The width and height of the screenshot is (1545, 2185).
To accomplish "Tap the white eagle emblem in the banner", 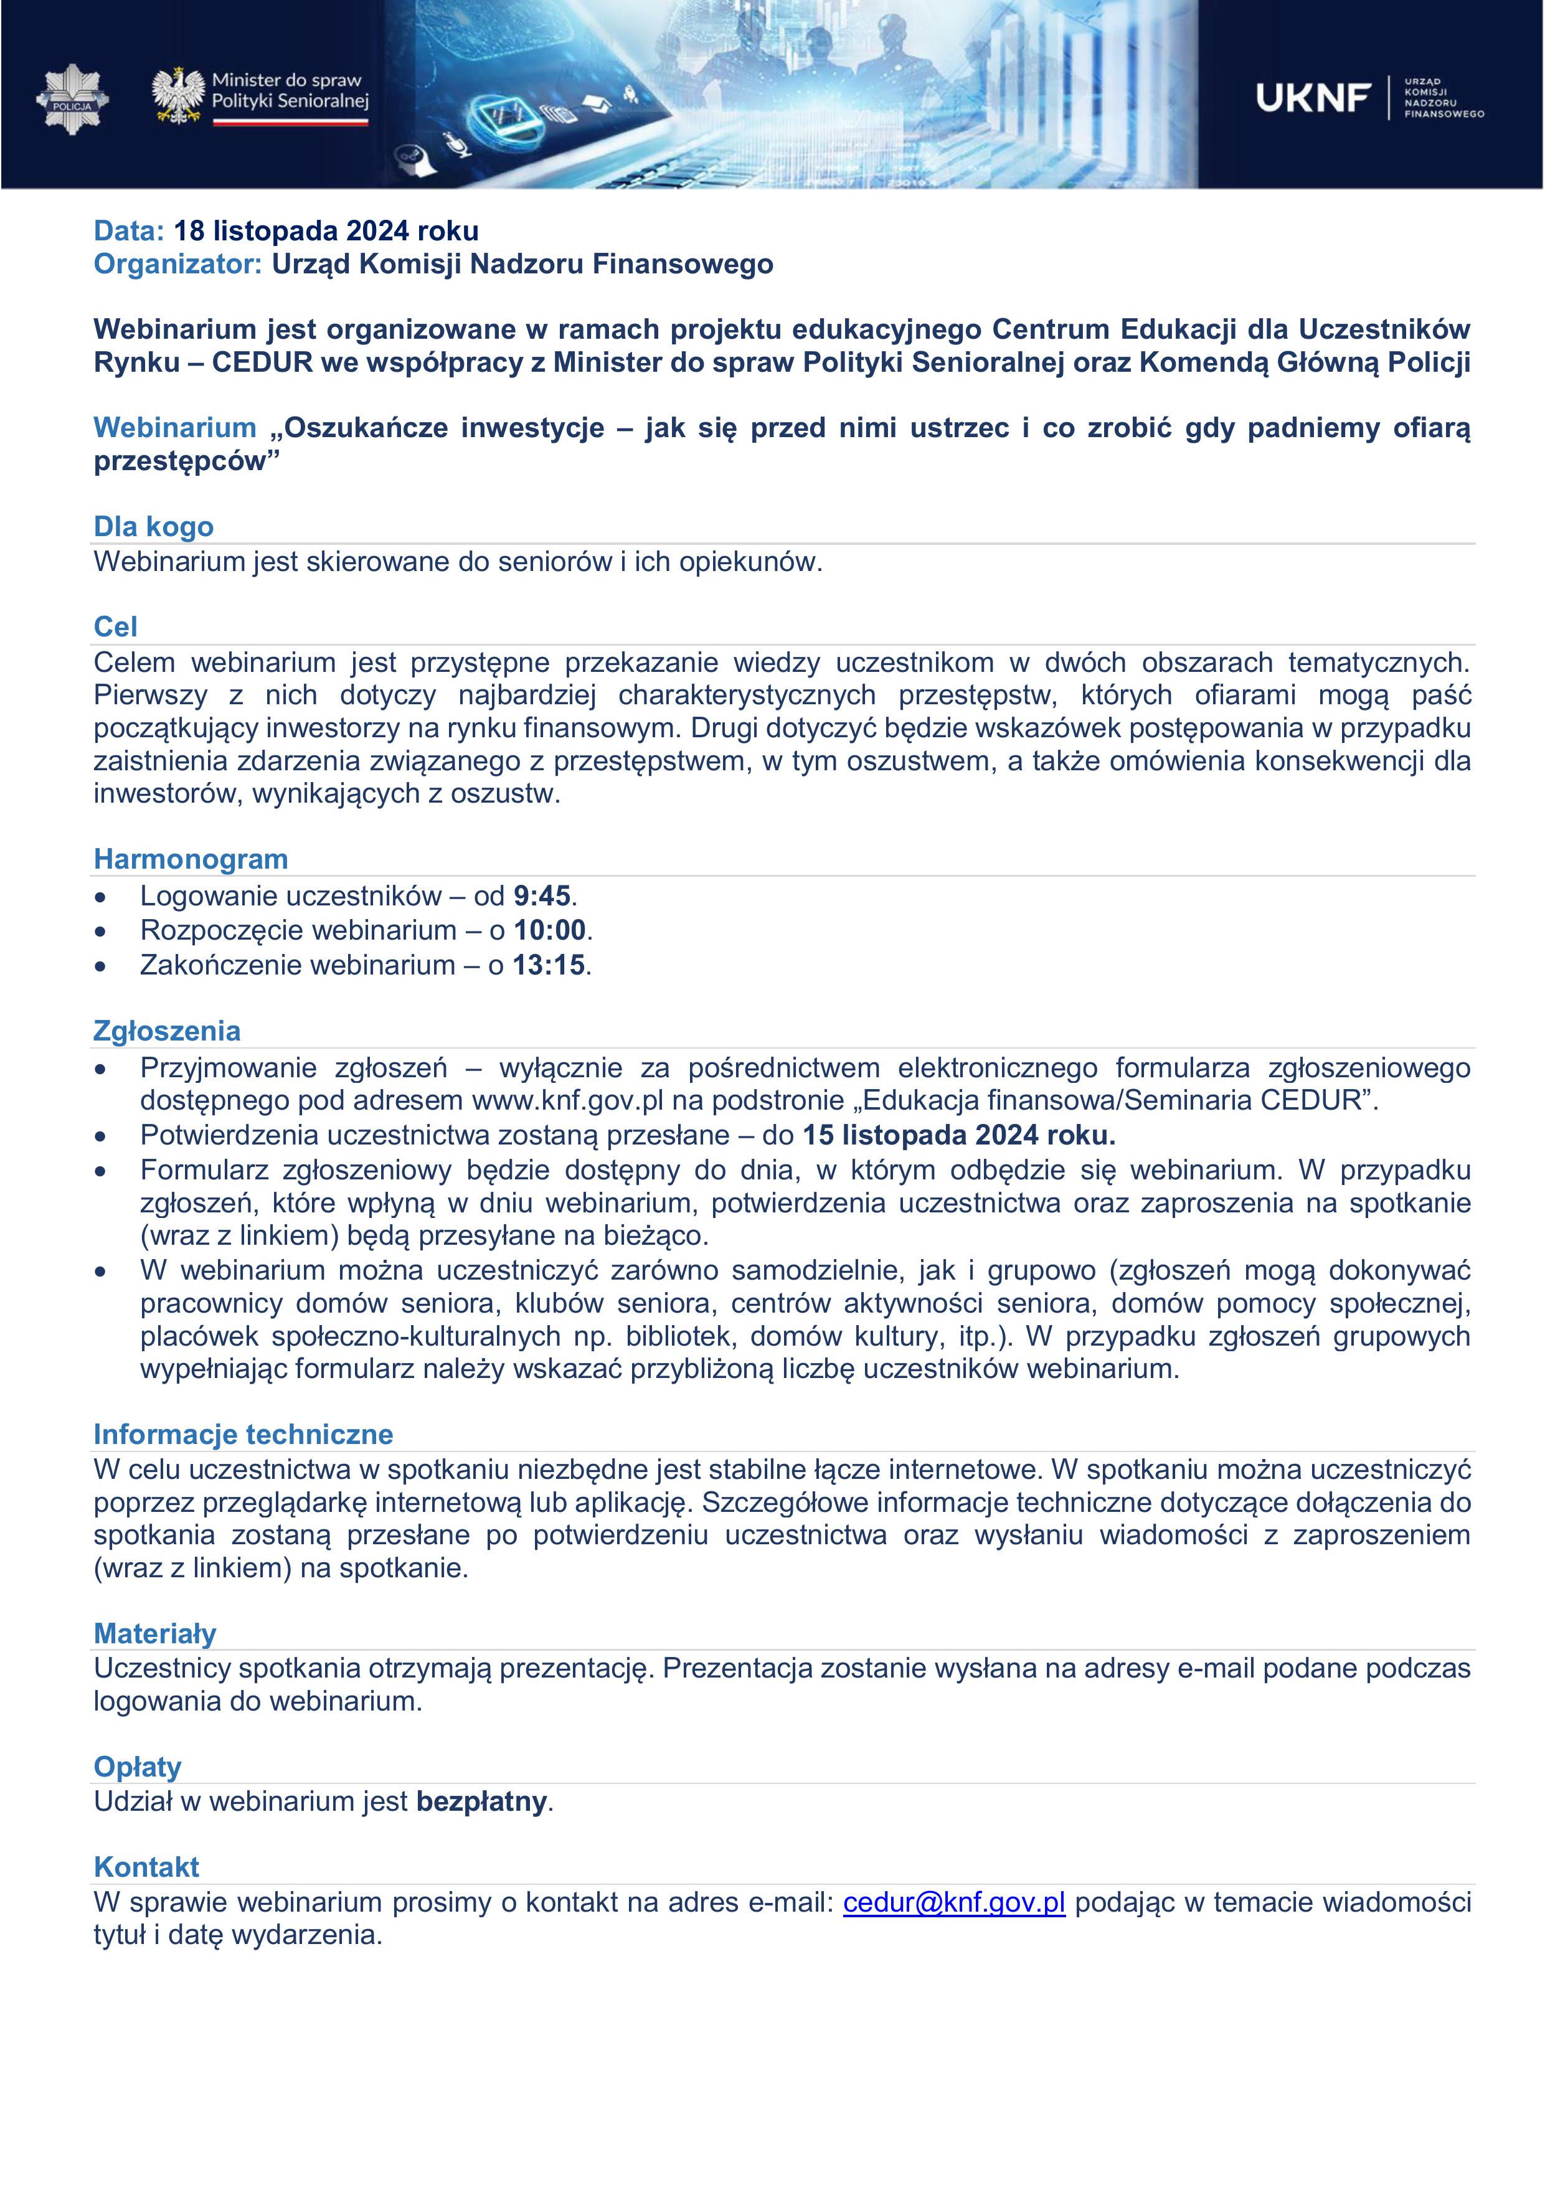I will (178, 95).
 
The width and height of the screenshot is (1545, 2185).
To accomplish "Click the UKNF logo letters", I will (1313, 97).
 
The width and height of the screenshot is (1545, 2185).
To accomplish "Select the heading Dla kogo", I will (153, 526).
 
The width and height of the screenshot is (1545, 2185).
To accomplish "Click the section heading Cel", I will (115, 626).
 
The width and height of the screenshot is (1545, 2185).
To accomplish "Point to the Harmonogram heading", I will (191, 859).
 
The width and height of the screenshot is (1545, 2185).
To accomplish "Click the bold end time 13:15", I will (549, 965).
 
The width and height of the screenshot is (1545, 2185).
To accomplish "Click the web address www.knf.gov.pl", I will (567, 1100).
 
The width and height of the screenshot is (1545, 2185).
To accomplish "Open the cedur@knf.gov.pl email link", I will (954, 1902).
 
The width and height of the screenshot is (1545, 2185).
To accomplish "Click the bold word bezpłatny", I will (481, 1801).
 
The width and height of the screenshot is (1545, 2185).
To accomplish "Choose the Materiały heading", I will (155, 1633).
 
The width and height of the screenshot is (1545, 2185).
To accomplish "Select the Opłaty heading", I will (137, 1767).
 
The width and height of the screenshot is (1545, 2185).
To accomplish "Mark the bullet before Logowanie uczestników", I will (101, 897).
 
